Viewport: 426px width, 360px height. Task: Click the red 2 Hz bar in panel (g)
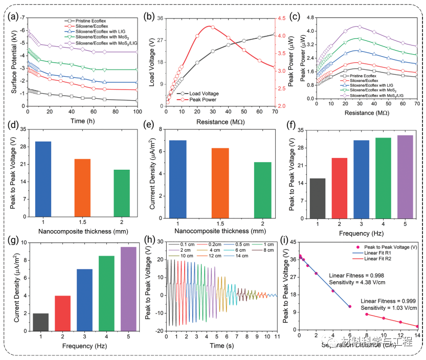pos(63,312)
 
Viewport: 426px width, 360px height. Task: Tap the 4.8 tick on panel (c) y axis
pos(308,17)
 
